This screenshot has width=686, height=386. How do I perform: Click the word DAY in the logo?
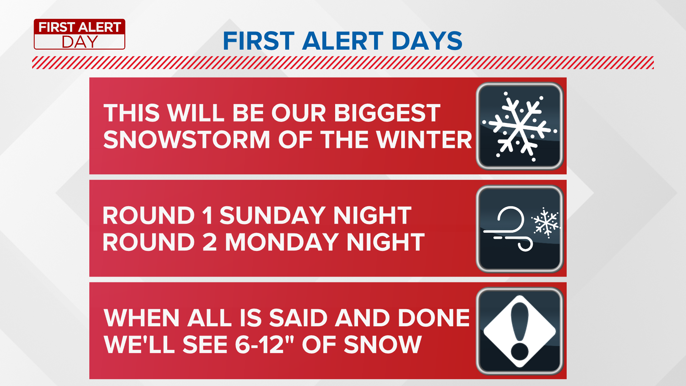pyautogui.click(x=80, y=42)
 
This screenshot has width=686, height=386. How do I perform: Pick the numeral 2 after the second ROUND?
pyautogui.click(x=210, y=242)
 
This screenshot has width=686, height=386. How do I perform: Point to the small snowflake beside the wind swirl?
pyautogui.click(x=545, y=223)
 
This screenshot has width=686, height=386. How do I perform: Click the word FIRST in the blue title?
pyautogui.click(x=259, y=41)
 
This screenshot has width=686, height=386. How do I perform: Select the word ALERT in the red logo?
pyautogui.click(x=100, y=27)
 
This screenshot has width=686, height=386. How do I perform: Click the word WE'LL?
pyautogui.click(x=139, y=345)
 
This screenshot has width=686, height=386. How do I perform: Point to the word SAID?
pyautogui.click(x=298, y=318)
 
